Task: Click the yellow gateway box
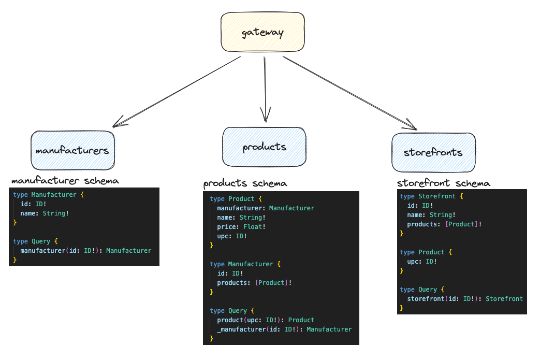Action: [x=262, y=33]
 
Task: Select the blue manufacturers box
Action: [x=72, y=150]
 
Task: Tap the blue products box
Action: [x=264, y=147]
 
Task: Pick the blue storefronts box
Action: [x=433, y=152]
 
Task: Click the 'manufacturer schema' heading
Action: [x=65, y=181]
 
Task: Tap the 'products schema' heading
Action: [x=245, y=183]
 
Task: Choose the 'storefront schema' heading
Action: [x=443, y=183]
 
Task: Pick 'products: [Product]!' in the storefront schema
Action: [x=444, y=224]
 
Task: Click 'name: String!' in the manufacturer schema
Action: [x=45, y=213]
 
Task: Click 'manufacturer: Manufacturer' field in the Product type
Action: [x=266, y=208]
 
